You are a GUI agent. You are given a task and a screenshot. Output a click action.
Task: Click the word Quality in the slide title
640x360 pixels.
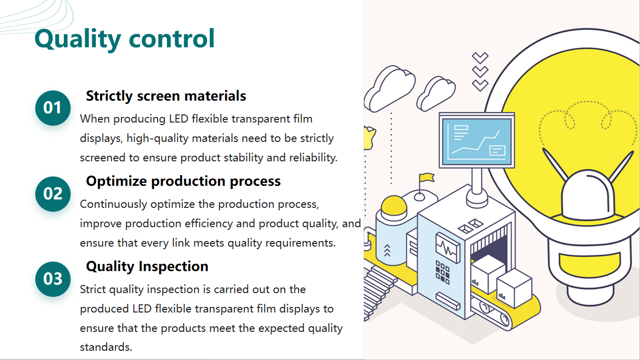coord(78,39)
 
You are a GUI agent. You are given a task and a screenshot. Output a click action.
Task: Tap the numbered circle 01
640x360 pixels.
coord(53,108)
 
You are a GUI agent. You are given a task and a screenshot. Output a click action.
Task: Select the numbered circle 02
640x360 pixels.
coord(53,194)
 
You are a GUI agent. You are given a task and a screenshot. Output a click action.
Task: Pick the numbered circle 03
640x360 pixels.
coord(53,279)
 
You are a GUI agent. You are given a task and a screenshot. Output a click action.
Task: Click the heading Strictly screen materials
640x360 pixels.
coord(166,96)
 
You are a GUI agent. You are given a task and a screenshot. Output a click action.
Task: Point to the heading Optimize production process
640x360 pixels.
coord(183,181)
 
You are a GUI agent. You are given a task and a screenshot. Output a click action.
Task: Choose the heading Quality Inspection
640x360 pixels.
coord(147,267)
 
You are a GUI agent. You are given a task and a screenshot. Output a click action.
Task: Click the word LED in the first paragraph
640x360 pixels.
coord(179,119)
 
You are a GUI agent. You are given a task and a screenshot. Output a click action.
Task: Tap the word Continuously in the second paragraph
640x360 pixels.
coord(113,204)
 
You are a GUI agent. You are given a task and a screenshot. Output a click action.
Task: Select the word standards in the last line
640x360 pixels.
coord(106,347)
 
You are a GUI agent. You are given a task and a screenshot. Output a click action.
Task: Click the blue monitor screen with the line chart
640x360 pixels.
coord(477,141)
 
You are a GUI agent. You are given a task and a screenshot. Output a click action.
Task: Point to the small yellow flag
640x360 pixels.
coord(427,177)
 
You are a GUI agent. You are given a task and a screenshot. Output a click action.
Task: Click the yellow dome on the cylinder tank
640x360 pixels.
coord(394,205)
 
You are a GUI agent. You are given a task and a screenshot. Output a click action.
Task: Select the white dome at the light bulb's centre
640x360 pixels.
coord(587,195)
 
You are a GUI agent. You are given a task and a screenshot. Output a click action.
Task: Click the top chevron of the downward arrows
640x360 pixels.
coord(480,58)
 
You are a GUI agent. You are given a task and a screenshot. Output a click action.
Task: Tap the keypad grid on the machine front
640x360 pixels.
coord(442,272)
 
